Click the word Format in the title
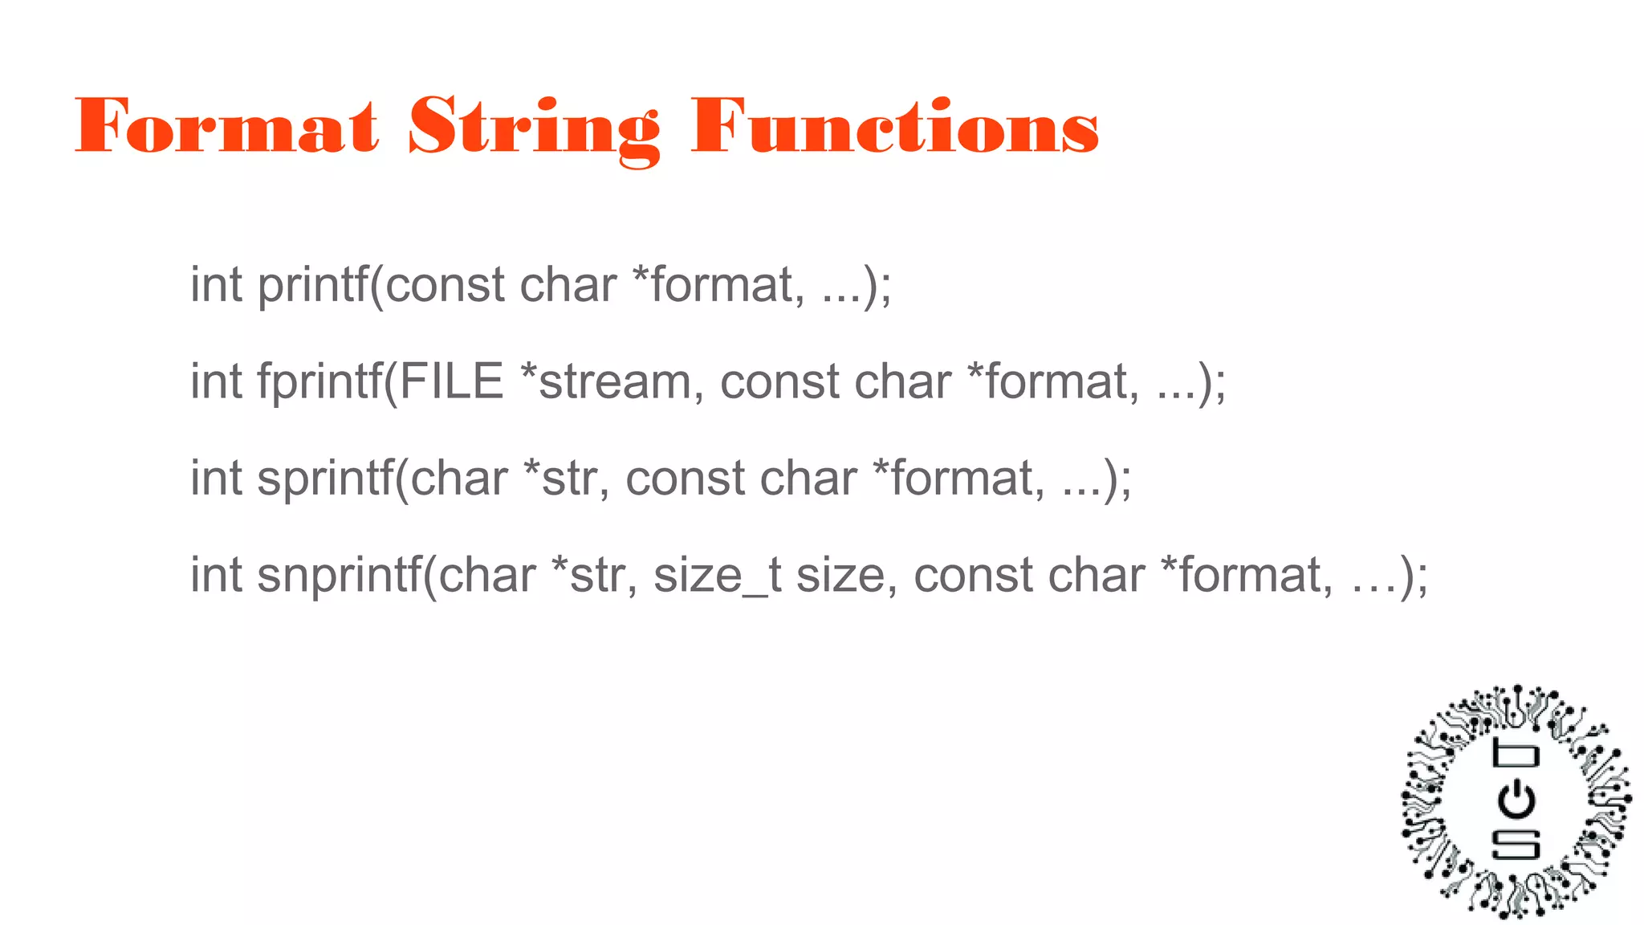pyautogui.click(x=226, y=125)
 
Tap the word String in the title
pyautogui.click(x=534, y=128)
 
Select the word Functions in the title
pyautogui.click(x=895, y=125)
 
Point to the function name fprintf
pyautogui.click(x=319, y=382)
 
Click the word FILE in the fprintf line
pyautogui.click(x=451, y=381)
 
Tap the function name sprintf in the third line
pyautogui.click(x=325, y=479)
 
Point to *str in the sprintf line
pyautogui.click(x=565, y=479)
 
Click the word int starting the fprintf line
pyautogui.click(x=216, y=381)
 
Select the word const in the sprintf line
pyautogui.click(x=685, y=479)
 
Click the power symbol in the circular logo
pyautogui.click(x=1516, y=800)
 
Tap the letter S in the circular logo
pyautogui.click(x=1516, y=844)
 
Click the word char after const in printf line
pyautogui.click(x=568, y=286)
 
